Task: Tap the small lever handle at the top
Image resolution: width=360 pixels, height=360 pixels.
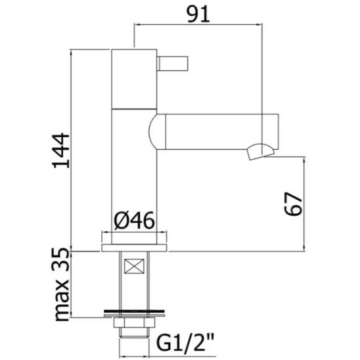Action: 173,64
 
